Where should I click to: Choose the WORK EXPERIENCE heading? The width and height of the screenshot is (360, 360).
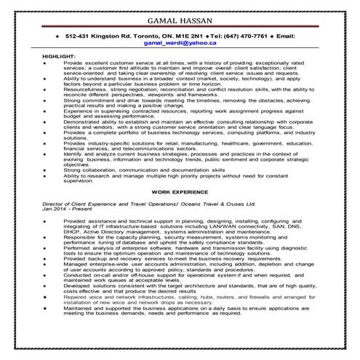pyautogui.click(x=180, y=192)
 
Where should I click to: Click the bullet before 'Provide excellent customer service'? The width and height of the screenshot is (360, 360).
pyautogui.click(x=46, y=63)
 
